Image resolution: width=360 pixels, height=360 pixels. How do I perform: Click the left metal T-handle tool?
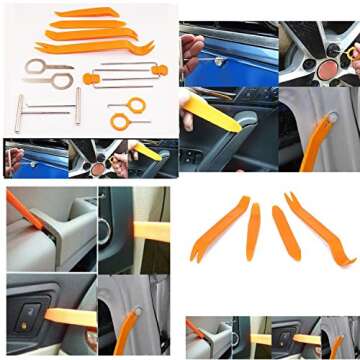coord(19,112)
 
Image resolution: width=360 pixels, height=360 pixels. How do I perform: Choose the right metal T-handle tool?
coord(77,105)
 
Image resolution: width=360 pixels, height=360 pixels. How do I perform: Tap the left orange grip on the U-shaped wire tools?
coord(91,77)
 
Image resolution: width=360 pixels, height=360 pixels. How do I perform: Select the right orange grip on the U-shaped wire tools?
coord(158,69)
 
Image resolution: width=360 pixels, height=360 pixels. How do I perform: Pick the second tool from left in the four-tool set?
coord(253,231)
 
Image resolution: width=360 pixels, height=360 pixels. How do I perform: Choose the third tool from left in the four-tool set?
coord(285,232)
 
